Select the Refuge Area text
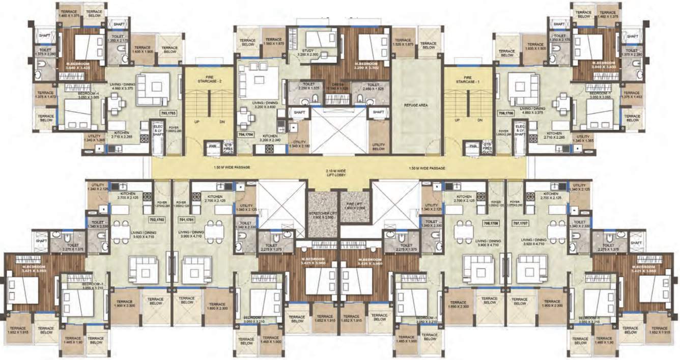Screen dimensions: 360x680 [416, 105]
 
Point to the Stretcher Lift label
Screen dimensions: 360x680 [324, 214]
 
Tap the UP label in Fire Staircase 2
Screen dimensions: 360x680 [195, 122]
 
